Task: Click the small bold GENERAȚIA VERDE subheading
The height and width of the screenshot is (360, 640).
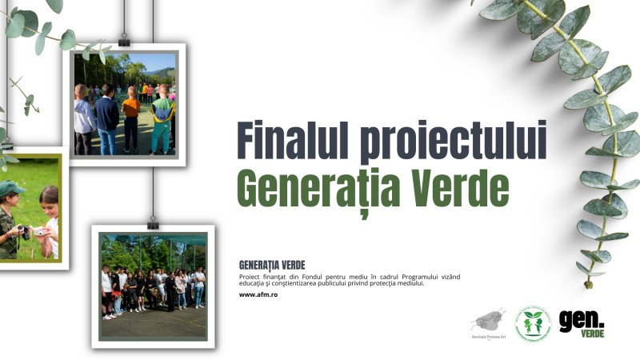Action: [x=272, y=265]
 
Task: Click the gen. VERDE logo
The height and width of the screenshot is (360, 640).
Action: [x=582, y=322]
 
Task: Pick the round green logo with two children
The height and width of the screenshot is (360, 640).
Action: [x=532, y=323]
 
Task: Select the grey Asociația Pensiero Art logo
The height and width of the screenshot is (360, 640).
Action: [x=488, y=323]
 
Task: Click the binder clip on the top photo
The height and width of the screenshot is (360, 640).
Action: [x=124, y=40]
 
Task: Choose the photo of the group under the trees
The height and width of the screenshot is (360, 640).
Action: [x=152, y=285]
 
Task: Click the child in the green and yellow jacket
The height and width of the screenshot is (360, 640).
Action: [x=162, y=120]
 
